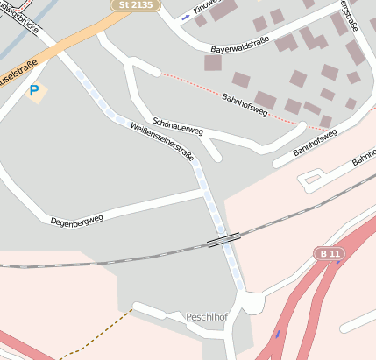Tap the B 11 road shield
329,253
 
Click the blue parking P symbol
34,90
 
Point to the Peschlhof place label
207,315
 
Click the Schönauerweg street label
178,126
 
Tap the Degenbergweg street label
77,215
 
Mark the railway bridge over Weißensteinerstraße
223,239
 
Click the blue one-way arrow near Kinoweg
186,17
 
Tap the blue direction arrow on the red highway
278,333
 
